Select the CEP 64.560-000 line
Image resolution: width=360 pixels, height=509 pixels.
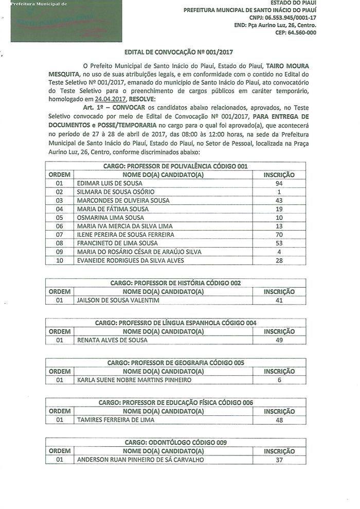click(296, 32)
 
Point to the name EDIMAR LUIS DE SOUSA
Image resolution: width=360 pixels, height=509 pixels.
click(110, 183)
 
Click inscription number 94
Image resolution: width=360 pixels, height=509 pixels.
click(279, 183)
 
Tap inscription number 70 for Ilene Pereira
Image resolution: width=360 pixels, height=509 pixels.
click(279, 234)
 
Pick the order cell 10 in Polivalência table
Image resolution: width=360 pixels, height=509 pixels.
click(59, 260)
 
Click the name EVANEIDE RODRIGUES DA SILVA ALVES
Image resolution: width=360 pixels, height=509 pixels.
click(130, 260)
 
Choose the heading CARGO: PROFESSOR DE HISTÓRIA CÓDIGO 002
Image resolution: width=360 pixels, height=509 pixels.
click(175, 283)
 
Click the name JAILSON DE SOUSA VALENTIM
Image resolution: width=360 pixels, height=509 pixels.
click(118, 300)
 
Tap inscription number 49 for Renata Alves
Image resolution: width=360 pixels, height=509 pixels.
click(279, 340)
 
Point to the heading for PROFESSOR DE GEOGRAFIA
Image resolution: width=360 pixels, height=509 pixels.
click(175, 362)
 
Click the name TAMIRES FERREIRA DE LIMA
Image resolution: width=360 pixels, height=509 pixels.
click(115, 419)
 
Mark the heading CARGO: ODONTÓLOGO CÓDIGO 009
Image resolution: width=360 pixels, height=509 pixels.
click(175, 442)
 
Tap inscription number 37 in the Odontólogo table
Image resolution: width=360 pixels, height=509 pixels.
click(279, 460)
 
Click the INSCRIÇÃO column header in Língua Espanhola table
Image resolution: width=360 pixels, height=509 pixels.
click(279, 331)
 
